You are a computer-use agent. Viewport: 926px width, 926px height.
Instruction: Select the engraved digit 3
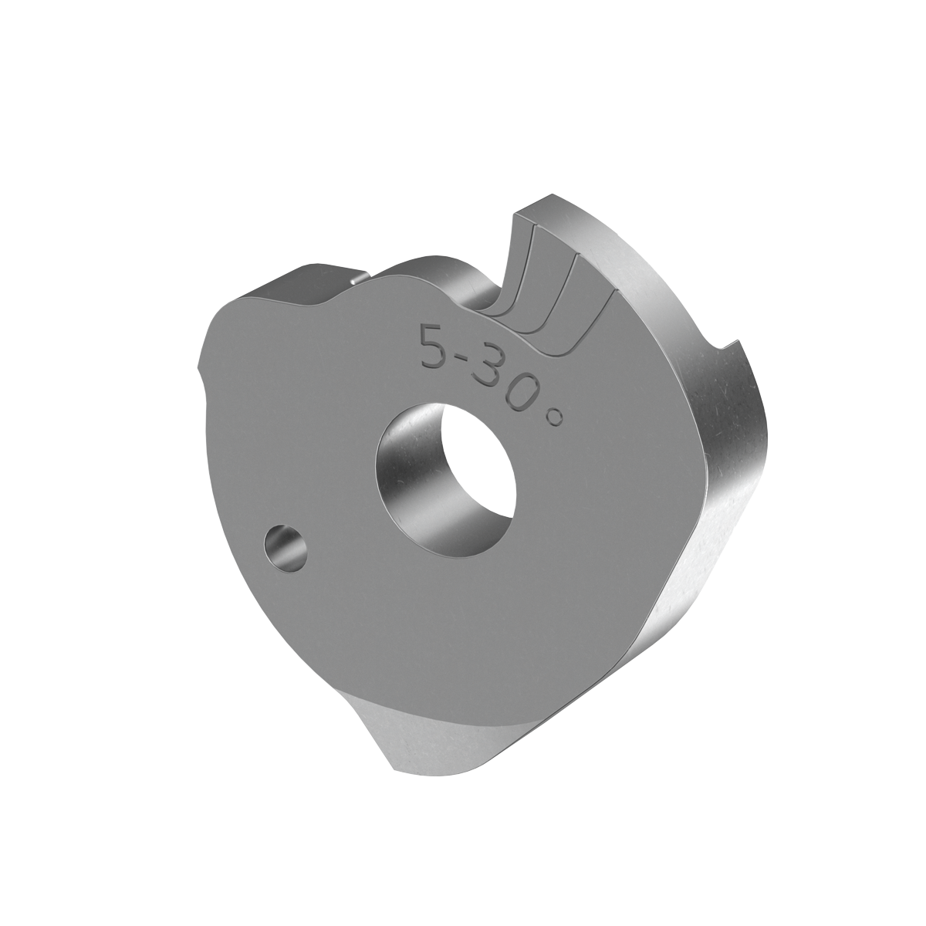click(494, 375)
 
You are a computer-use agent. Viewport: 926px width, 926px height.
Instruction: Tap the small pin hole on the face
click(284, 548)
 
